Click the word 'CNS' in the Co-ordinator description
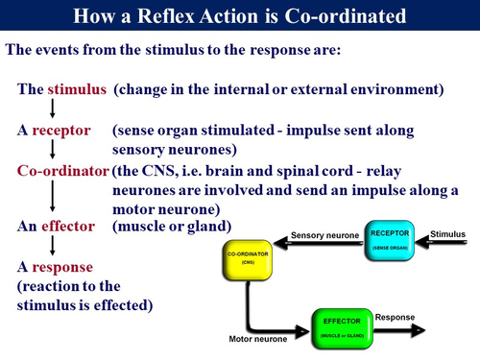pos(166,170)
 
